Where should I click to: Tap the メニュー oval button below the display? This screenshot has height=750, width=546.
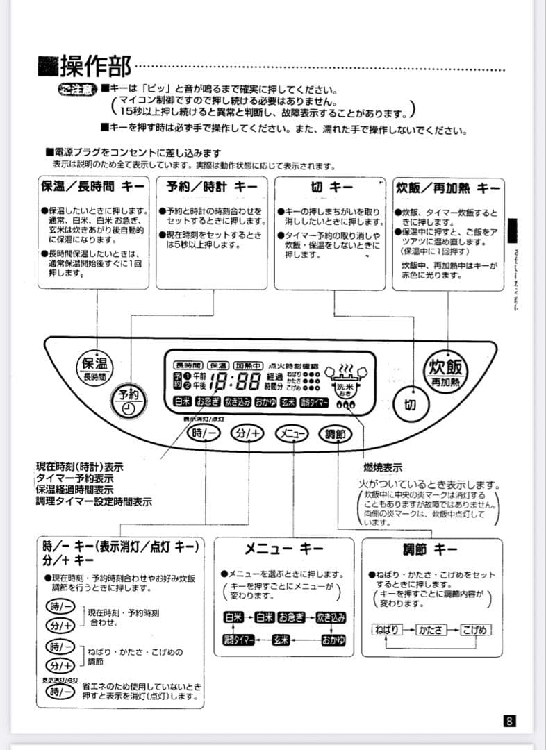[x=292, y=433]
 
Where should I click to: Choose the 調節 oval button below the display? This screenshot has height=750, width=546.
[x=335, y=433]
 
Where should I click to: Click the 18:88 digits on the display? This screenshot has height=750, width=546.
[x=233, y=381]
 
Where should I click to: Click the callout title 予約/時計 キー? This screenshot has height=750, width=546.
[x=211, y=187]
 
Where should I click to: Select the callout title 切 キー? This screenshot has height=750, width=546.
[x=331, y=187]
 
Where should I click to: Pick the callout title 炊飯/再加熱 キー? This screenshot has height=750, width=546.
[x=448, y=187]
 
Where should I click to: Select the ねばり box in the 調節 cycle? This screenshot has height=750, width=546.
[x=387, y=630]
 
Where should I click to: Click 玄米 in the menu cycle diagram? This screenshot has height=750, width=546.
[x=280, y=640]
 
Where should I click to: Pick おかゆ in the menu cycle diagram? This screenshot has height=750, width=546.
[x=332, y=640]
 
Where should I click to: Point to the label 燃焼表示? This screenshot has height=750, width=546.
[x=382, y=467]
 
